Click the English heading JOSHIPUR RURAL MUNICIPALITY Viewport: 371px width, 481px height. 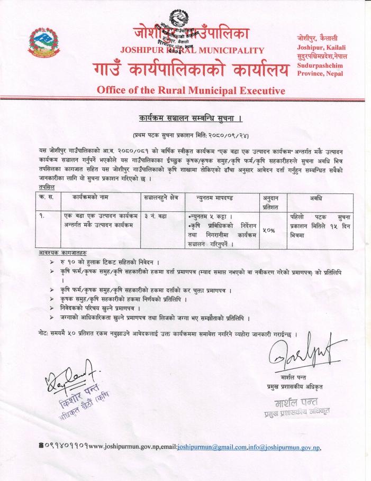(x=192, y=51)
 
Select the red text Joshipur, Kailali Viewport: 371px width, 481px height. (x=317, y=48)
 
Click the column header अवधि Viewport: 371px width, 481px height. (x=323, y=197)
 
